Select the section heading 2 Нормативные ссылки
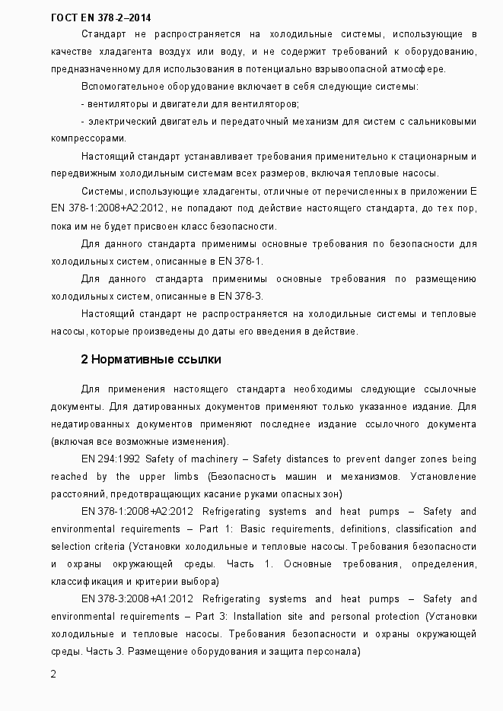(x=151, y=359)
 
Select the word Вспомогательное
(x=118, y=86)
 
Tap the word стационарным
(x=431, y=156)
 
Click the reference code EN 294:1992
(x=110, y=459)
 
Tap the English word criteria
(x=107, y=546)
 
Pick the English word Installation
(x=281, y=616)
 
